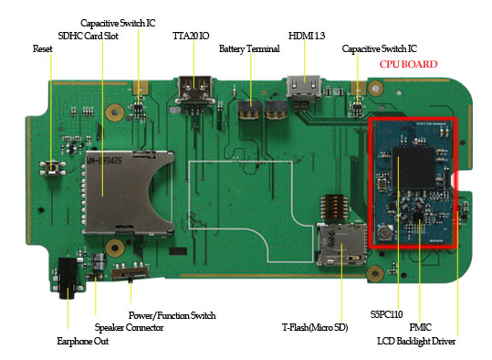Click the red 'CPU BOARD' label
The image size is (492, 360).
[x=408, y=64]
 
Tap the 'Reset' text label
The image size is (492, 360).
[x=42, y=48]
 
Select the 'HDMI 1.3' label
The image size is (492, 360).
[x=307, y=36]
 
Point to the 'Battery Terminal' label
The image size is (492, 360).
[x=249, y=49]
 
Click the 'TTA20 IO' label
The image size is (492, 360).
[x=191, y=36]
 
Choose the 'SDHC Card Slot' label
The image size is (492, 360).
[x=89, y=36]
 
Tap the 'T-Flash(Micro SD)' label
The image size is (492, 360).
[x=315, y=328]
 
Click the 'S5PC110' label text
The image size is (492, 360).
[x=386, y=314]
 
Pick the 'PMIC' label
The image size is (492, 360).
[x=420, y=327]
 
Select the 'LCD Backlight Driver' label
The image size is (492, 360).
[x=416, y=341]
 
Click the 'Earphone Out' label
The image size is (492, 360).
[x=83, y=341]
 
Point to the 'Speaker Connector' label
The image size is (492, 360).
[x=129, y=328]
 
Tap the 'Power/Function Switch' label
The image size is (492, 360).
[x=172, y=315]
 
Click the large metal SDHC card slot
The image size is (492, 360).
[x=128, y=192]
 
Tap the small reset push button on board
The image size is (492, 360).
[x=52, y=168]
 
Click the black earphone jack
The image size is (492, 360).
[x=68, y=278]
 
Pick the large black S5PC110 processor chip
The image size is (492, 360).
[x=413, y=168]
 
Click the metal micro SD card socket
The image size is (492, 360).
[x=341, y=244]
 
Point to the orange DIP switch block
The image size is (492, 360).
[x=334, y=207]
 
